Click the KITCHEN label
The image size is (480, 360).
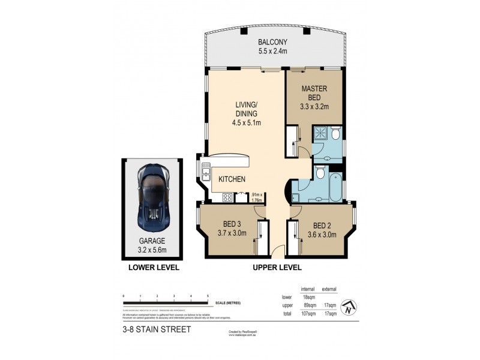[x=231, y=179]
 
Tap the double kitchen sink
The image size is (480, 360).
[x=206, y=173]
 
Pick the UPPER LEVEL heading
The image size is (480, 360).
[x=277, y=268]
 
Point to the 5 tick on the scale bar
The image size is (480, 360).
[x=208, y=296]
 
